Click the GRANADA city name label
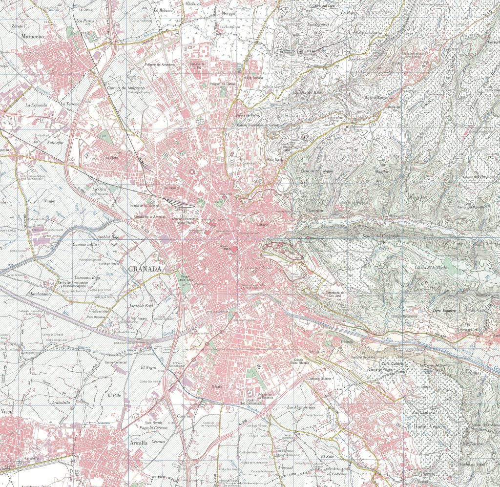[x=145, y=269]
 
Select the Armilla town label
[x=139, y=443]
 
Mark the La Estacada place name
[x=36, y=105]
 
